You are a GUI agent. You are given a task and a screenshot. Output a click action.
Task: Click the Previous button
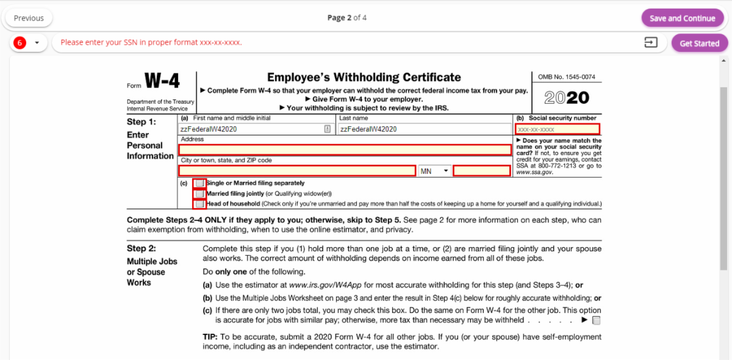(x=29, y=18)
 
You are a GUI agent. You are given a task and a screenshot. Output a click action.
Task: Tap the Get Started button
(x=699, y=43)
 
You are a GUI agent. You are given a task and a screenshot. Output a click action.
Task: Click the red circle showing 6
(x=20, y=43)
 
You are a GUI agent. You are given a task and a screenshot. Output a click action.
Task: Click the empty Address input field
(x=345, y=150)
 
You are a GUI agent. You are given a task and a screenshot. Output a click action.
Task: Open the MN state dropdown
(x=434, y=171)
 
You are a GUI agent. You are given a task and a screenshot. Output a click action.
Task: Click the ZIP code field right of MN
(x=482, y=171)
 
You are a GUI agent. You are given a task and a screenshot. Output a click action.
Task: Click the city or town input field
(x=297, y=171)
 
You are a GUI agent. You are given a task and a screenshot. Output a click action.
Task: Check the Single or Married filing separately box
(x=199, y=183)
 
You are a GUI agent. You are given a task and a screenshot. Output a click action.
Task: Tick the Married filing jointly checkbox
(x=199, y=193)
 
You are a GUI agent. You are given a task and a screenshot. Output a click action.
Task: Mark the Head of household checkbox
(x=199, y=204)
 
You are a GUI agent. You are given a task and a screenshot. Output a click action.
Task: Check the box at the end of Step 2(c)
(x=597, y=320)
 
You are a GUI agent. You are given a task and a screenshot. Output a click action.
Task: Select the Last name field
(x=425, y=129)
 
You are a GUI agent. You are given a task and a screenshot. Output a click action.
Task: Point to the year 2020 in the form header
(x=567, y=98)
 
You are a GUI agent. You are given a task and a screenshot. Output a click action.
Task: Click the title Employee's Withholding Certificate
(x=364, y=77)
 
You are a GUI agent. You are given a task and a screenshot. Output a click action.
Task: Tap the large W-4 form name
(x=162, y=81)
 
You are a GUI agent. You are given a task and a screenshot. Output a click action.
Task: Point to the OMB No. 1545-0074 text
(x=567, y=77)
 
